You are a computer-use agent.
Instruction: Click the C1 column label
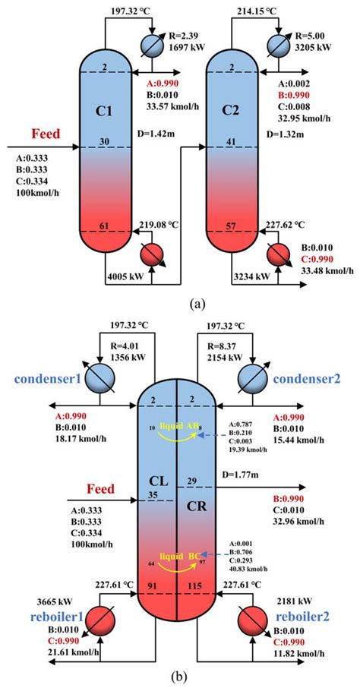[104, 110]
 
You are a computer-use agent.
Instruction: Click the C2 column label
[232, 110]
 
